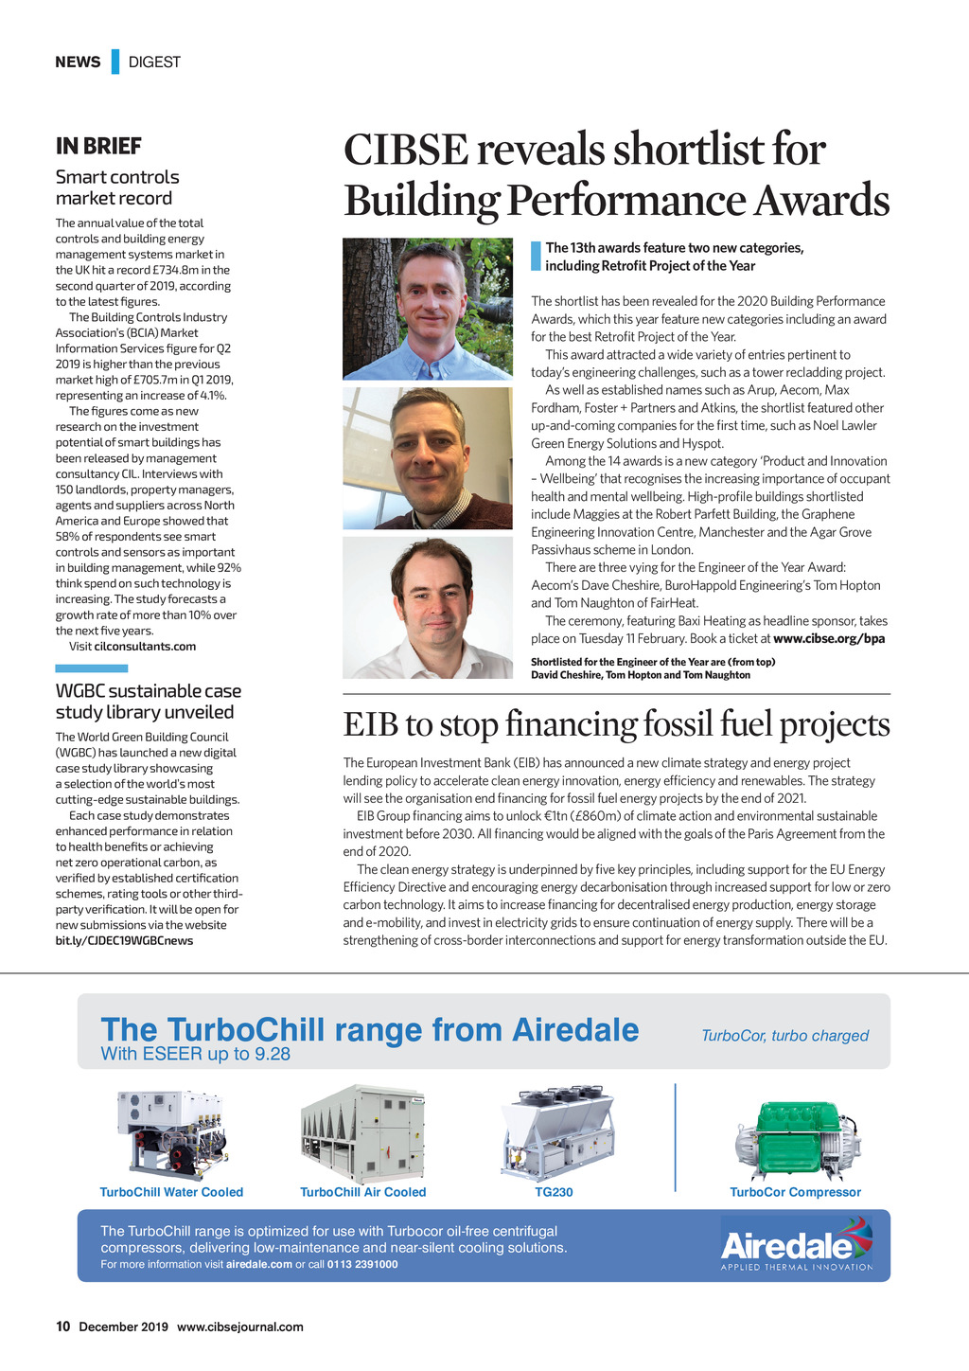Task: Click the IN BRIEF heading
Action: pos(98,146)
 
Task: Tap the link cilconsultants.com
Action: pos(145,647)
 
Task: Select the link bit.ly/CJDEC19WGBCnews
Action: pos(124,940)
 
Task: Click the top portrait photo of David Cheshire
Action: pos(428,309)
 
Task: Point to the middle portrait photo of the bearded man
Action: pos(428,457)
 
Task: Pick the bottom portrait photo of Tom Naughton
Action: pos(428,608)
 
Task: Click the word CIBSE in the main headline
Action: pos(406,150)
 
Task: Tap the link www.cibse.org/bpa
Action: pos(829,638)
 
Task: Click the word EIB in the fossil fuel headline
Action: pos(371,724)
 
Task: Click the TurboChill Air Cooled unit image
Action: pos(363,1133)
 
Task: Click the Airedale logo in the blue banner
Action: pos(796,1245)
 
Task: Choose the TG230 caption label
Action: pos(555,1192)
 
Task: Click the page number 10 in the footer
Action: pos(62,1326)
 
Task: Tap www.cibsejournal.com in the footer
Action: pos(240,1326)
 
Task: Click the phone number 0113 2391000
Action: pos(362,1265)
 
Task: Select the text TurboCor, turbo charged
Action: pos(784,1036)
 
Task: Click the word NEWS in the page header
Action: pos(78,62)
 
